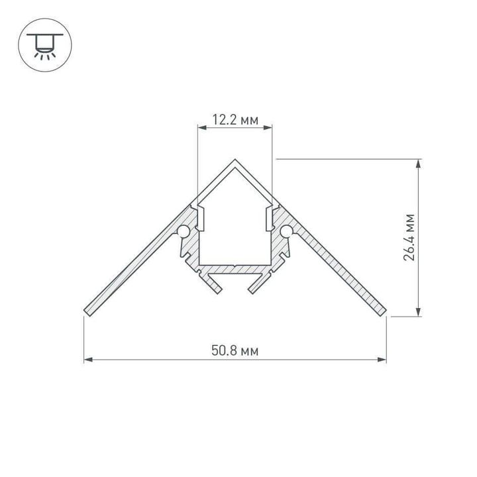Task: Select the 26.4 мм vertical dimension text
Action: [x=410, y=237]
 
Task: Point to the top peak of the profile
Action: [x=236, y=160]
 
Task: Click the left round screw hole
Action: [x=183, y=231]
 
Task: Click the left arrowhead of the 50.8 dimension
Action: [x=87, y=360]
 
